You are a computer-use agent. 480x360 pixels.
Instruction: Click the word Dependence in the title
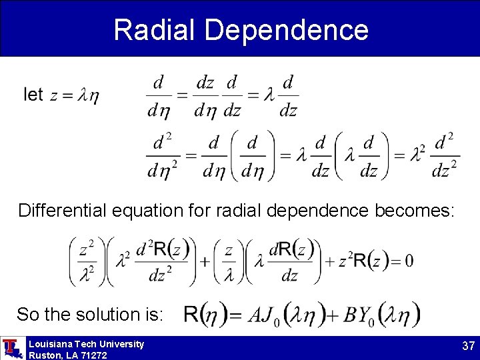click(x=287, y=30)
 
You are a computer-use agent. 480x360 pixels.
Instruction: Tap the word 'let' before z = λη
click(x=33, y=95)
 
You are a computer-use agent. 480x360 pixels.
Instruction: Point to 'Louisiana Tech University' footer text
click(x=86, y=344)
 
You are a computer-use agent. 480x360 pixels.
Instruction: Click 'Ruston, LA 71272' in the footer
click(x=67, y=355)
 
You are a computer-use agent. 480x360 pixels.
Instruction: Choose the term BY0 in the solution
click(x=360, y=315)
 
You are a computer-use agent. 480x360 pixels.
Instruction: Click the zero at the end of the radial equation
click(x=408, y=261)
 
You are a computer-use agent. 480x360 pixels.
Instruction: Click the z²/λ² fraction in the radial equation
click(x=86, y=261)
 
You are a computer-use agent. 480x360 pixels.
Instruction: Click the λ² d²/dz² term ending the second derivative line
click(x=434, y=156)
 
